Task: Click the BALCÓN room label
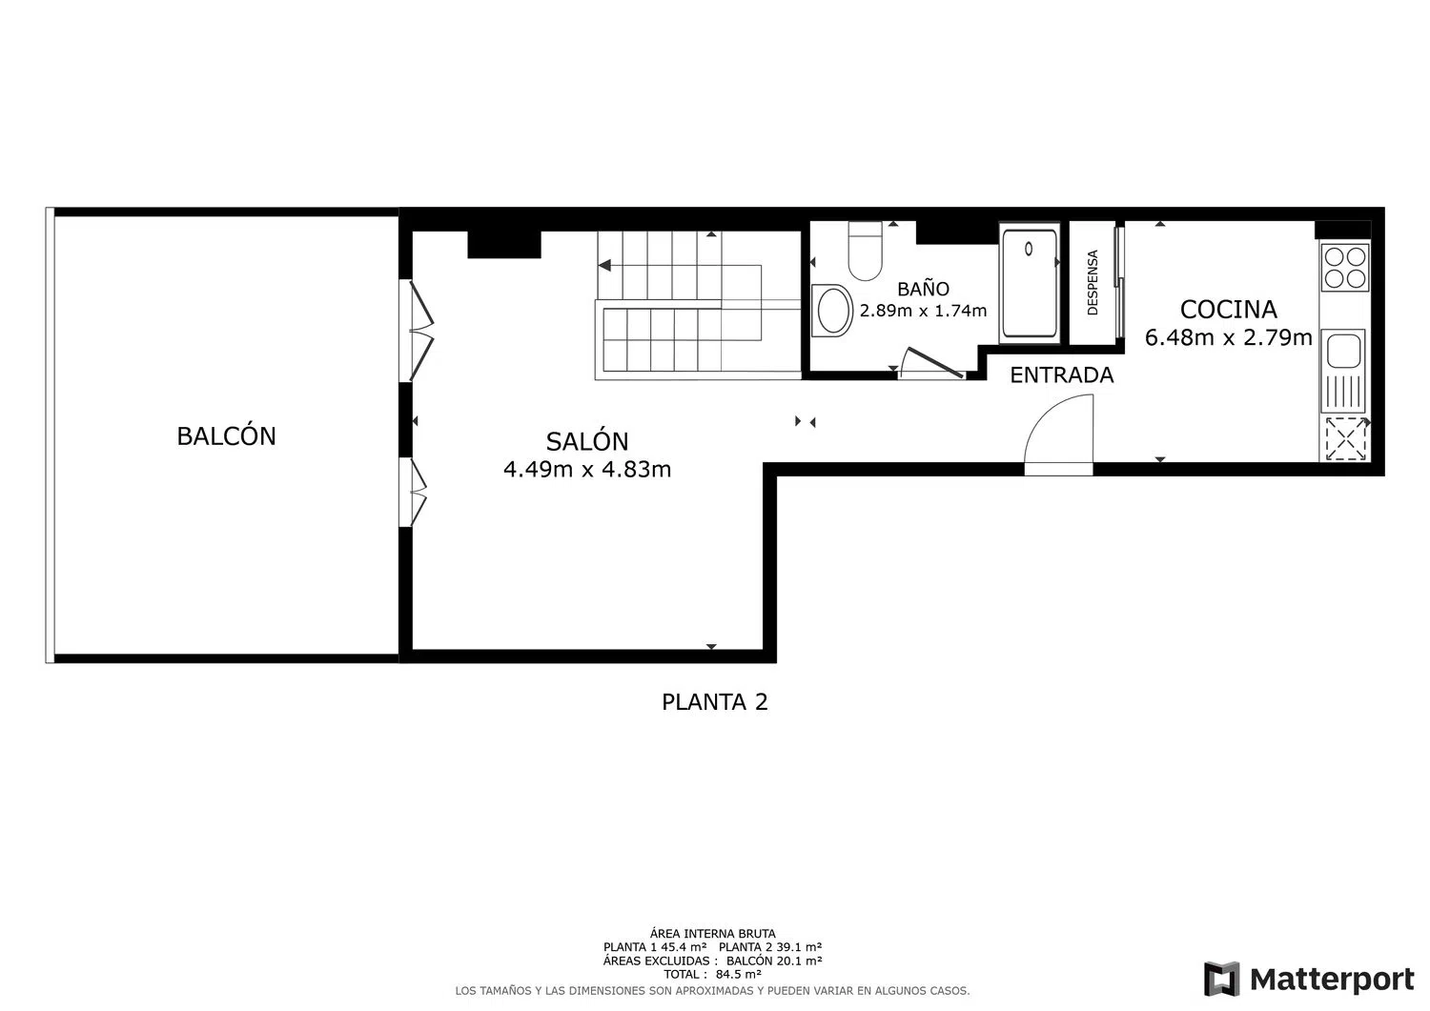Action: tap(227, 435)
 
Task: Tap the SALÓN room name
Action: tap(587, 441)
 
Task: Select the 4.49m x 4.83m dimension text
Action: tap(587, 469)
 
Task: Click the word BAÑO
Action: tap(923, 289)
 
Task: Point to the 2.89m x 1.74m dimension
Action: tap(923, 311)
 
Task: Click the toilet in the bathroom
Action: tap(865, 251)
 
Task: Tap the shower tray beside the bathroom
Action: tap(1029, 283)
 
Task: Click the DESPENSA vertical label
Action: tap(1093, 283)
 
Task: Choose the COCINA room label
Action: tap(1228, 310)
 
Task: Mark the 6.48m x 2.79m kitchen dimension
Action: tap(1228, 337)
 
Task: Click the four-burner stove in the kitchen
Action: tap(1344, 268)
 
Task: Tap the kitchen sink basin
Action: tap(1343, 351)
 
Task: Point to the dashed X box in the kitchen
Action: tap(1344, 438)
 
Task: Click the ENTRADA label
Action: tap(1062, 375)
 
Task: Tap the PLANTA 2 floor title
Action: tap(714, 702)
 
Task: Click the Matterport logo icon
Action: tap(1222, 979)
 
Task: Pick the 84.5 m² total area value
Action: tap(739, 974)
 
